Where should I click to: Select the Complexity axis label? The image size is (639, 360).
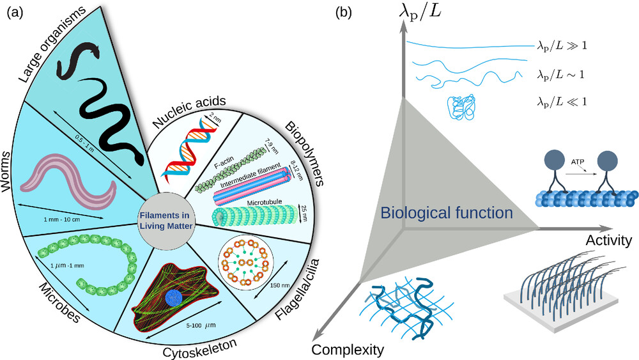click(x=348, y=349)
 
